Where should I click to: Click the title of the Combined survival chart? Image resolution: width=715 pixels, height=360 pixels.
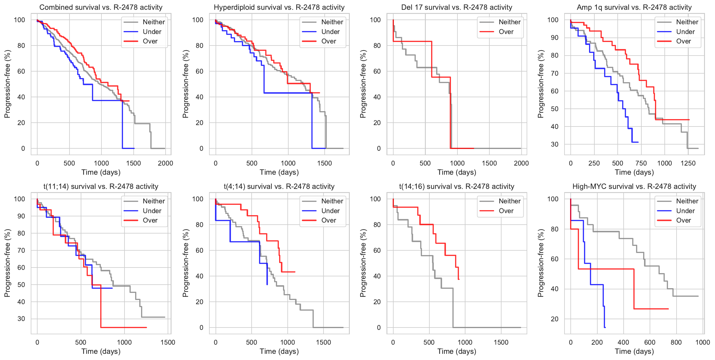pyautogui.click(x=101, y=7)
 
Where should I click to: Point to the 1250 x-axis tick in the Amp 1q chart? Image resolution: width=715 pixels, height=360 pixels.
pyautogui.click(x=688, y=163)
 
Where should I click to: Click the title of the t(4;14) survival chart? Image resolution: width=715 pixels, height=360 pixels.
pyautogui.click(x=279, y=187)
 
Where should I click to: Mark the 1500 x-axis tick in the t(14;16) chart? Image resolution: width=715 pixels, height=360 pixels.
pyautogui.click(x=501, y=342)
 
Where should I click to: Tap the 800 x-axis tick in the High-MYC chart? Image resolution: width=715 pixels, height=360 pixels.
pyautogui.click(x=676, y=342)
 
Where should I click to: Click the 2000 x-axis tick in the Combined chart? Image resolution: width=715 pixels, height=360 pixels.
pyautogui.click(x=165, y=163)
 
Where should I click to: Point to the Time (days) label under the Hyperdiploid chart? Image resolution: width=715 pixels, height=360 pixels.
pyautogui.click(x=279, y=172)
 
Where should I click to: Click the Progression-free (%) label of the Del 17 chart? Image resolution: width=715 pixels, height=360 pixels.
pyautogui.click(x=363, y=84)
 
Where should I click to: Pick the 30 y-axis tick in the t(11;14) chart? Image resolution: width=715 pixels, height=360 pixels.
pyautogui.click(x=21, y=319)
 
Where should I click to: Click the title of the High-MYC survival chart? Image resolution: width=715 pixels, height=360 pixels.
pyautogui.click(x=634, y=187)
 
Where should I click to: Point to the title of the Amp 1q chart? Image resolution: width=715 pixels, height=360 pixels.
pyautogui.click(x=634, y=7)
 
